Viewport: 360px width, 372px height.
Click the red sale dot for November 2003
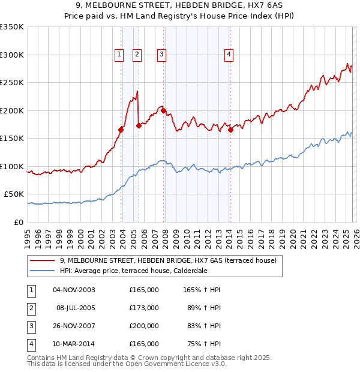tap(121, 130)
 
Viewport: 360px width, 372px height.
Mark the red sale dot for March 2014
tap(230, 130)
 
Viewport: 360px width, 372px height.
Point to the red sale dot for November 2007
tap(164, 110)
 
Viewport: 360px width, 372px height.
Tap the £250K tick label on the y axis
tap(12, 83)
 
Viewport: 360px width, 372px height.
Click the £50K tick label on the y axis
tap(14, 194)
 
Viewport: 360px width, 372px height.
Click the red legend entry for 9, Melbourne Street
tap(168, 260)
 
